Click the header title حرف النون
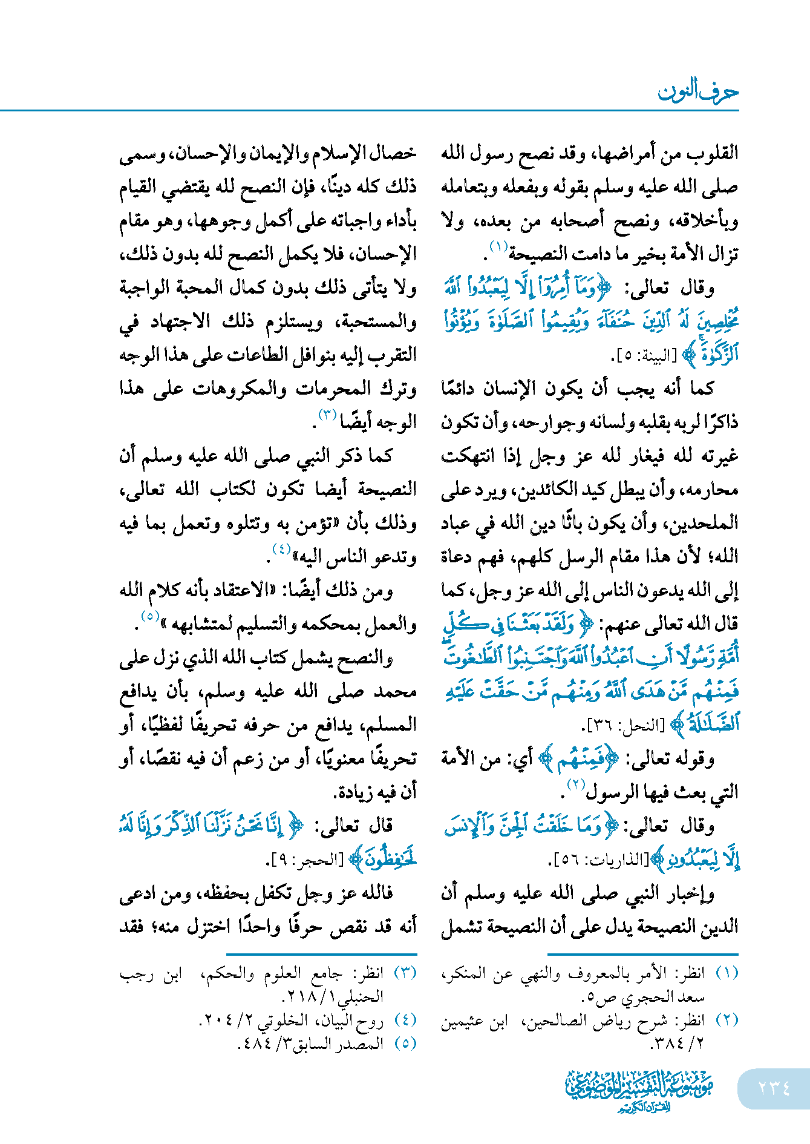pos(697,92)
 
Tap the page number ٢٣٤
pos(774,1088)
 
